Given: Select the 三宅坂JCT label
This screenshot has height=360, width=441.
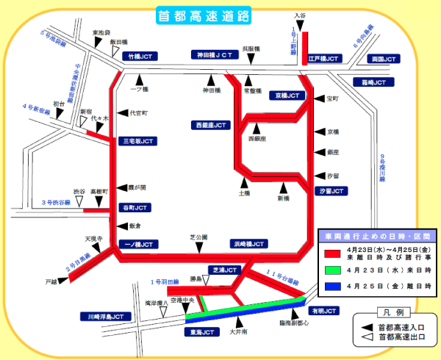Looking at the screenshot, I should pos(137,140).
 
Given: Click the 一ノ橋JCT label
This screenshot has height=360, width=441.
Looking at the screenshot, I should pos(137,244).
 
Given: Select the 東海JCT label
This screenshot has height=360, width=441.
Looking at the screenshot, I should pos(202,332).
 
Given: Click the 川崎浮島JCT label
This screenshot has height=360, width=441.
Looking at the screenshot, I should pos(107,317).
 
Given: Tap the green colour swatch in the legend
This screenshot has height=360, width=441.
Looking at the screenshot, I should pos(331,270).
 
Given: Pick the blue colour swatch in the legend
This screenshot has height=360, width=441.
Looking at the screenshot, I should pos(331,287).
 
